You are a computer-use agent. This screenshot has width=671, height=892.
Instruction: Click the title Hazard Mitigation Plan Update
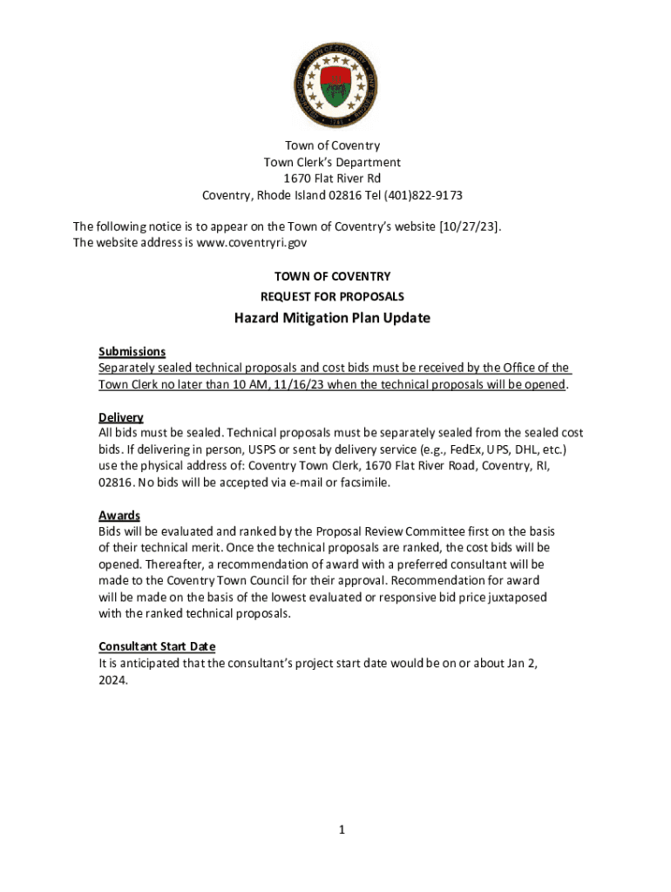[x=332, y=318]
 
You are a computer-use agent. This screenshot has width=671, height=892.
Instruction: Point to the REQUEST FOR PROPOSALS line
[x=332, y=296]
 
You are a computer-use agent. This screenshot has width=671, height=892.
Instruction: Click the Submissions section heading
[x=132, y=351]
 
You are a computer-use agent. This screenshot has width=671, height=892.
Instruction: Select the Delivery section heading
[x=120, y=417]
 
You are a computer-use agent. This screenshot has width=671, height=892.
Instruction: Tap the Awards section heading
[x=119, y=516]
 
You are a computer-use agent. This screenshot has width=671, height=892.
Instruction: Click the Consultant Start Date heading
[x=157, y=646]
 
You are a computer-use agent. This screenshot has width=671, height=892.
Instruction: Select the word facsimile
[x=363, y=482]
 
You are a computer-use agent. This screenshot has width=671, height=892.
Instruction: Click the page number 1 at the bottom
[x=343, y=830]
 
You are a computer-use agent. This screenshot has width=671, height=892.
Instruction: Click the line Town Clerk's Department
[x=332, y=162]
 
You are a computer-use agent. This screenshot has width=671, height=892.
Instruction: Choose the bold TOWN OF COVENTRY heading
[x=332, y=276]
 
